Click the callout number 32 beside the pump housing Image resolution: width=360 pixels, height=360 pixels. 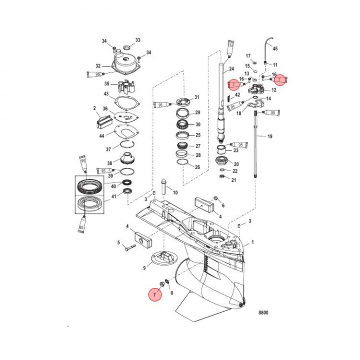(x=98, y=65)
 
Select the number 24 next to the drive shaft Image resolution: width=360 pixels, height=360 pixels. (x=231, y=68)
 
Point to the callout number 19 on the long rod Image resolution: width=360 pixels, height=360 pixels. (x=270, y=136)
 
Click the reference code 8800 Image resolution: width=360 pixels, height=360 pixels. (x=262, y=312)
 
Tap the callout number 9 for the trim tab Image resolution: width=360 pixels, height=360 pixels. (x=144, y=268)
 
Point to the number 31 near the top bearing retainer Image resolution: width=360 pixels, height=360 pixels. (x=197, y=97)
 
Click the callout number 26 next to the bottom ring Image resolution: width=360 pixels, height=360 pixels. (x=197, y=167)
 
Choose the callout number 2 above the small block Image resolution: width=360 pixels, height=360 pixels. (x=94, y=108)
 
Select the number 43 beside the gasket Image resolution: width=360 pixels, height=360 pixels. (x=105, y=94)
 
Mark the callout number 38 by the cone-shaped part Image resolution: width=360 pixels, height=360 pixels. (x=109, y=163)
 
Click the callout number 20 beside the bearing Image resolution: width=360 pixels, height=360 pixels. (x=236, y=164)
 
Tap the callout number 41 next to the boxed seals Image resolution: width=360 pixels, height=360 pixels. (x=113, y=196)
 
